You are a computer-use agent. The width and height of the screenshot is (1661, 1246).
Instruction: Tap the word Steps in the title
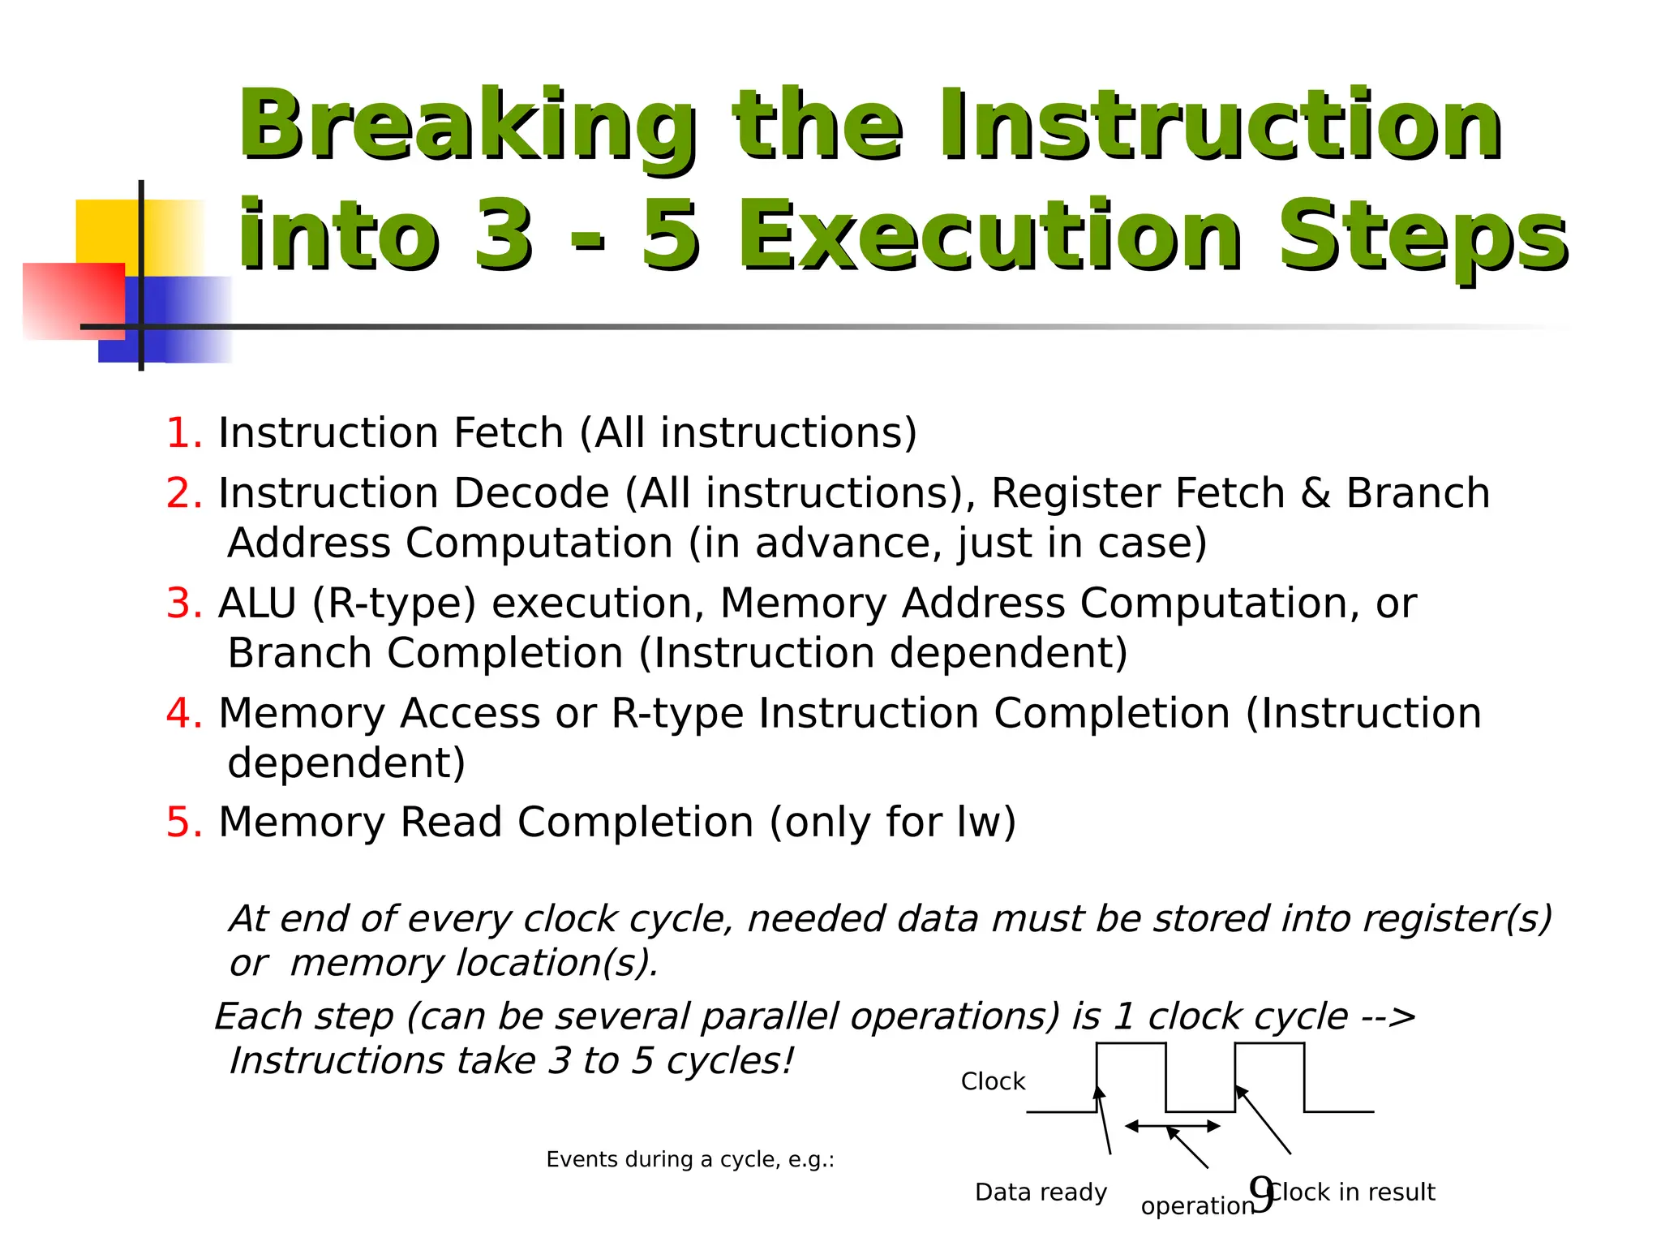point(1423,237)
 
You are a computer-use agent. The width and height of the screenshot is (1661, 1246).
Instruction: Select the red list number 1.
point(182,432)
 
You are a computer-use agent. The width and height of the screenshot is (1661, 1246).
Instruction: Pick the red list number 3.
point(183,604)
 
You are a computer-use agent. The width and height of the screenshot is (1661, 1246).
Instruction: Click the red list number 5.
point(183,823)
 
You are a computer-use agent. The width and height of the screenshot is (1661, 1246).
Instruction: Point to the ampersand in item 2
point(1315,493)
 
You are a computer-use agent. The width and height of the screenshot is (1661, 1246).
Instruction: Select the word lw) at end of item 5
point(985,823)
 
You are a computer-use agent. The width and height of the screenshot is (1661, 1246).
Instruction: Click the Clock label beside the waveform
point(993,1081)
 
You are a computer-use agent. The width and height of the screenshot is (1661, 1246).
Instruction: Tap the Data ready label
point(1041,1192)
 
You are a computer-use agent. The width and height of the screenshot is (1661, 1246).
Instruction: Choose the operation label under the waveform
point(1195,1206)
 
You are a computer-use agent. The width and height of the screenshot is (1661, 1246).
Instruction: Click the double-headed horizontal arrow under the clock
point(1172,1126)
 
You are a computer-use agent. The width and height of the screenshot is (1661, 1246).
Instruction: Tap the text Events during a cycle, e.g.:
point(690,1159)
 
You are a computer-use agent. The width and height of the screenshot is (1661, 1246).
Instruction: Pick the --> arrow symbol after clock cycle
point(1389,1016)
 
